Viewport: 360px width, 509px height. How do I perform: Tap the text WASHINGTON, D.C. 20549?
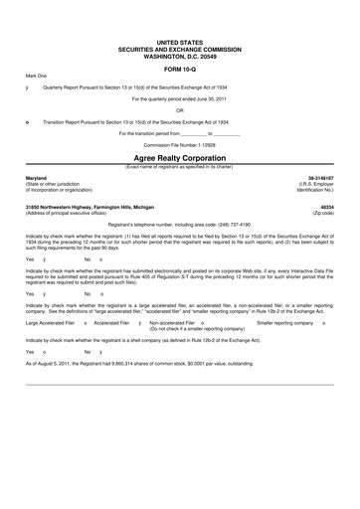(179, 57)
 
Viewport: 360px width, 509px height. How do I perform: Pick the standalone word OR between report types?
(179, 110)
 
